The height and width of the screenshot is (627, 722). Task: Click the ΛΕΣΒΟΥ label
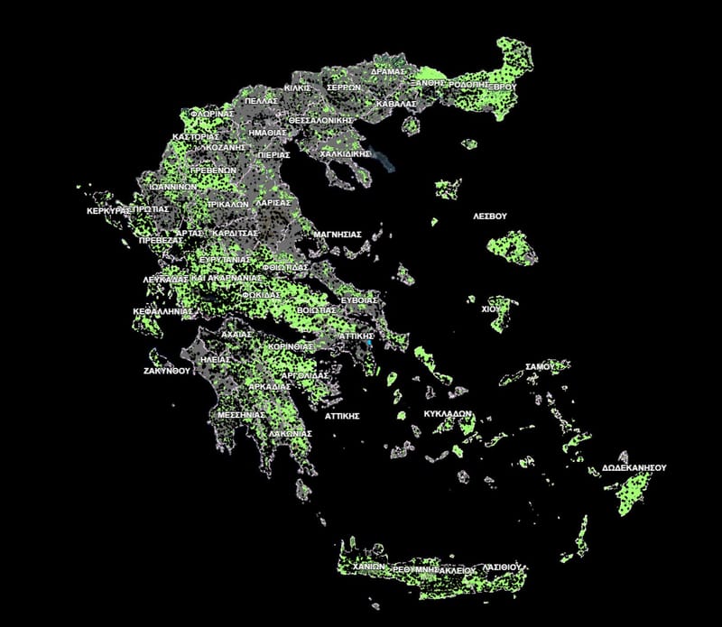pyautogui.click(x=491, y=217)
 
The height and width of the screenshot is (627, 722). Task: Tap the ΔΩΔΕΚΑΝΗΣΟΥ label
pyautogui.click(x=634, y=468)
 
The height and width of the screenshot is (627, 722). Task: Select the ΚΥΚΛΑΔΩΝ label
pyautogui.click(x=449, y=414)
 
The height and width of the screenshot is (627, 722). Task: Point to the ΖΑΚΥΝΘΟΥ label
pyautogui.click(x=168, y=371)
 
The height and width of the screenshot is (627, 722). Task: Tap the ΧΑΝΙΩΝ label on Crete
pyautogui.click(x=370, y=566)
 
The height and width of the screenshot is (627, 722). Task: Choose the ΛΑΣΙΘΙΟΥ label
pyautogui.click(x=501, y=567)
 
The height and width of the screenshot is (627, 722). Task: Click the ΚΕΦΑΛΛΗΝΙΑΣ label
pyautogui.click(x=163, y=310)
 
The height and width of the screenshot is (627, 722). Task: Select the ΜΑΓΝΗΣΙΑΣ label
pyautogui.click(x=337, y=235)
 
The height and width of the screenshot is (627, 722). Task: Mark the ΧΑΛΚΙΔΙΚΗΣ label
pyautogui.click(x=346, y=154)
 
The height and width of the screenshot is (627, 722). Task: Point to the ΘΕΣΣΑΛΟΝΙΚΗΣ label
pyautogui.click(x=320, y=119)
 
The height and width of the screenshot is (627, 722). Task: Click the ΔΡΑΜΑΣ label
pyautogui.click(x=390, y=71)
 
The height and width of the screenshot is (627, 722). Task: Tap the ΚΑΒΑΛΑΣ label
pyautogui.click(x=396, y=104)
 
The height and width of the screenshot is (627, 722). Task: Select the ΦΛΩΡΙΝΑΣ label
pyautogui.click(x=213, y=115)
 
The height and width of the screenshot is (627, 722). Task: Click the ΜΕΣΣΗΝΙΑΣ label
pyautogui.click(x=241, y=415)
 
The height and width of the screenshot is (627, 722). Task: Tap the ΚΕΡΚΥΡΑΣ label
pyautogui.click(x=106, y=210)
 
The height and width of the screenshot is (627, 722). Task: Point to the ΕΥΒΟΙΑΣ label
pyautogui.click(x=358, y=299)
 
